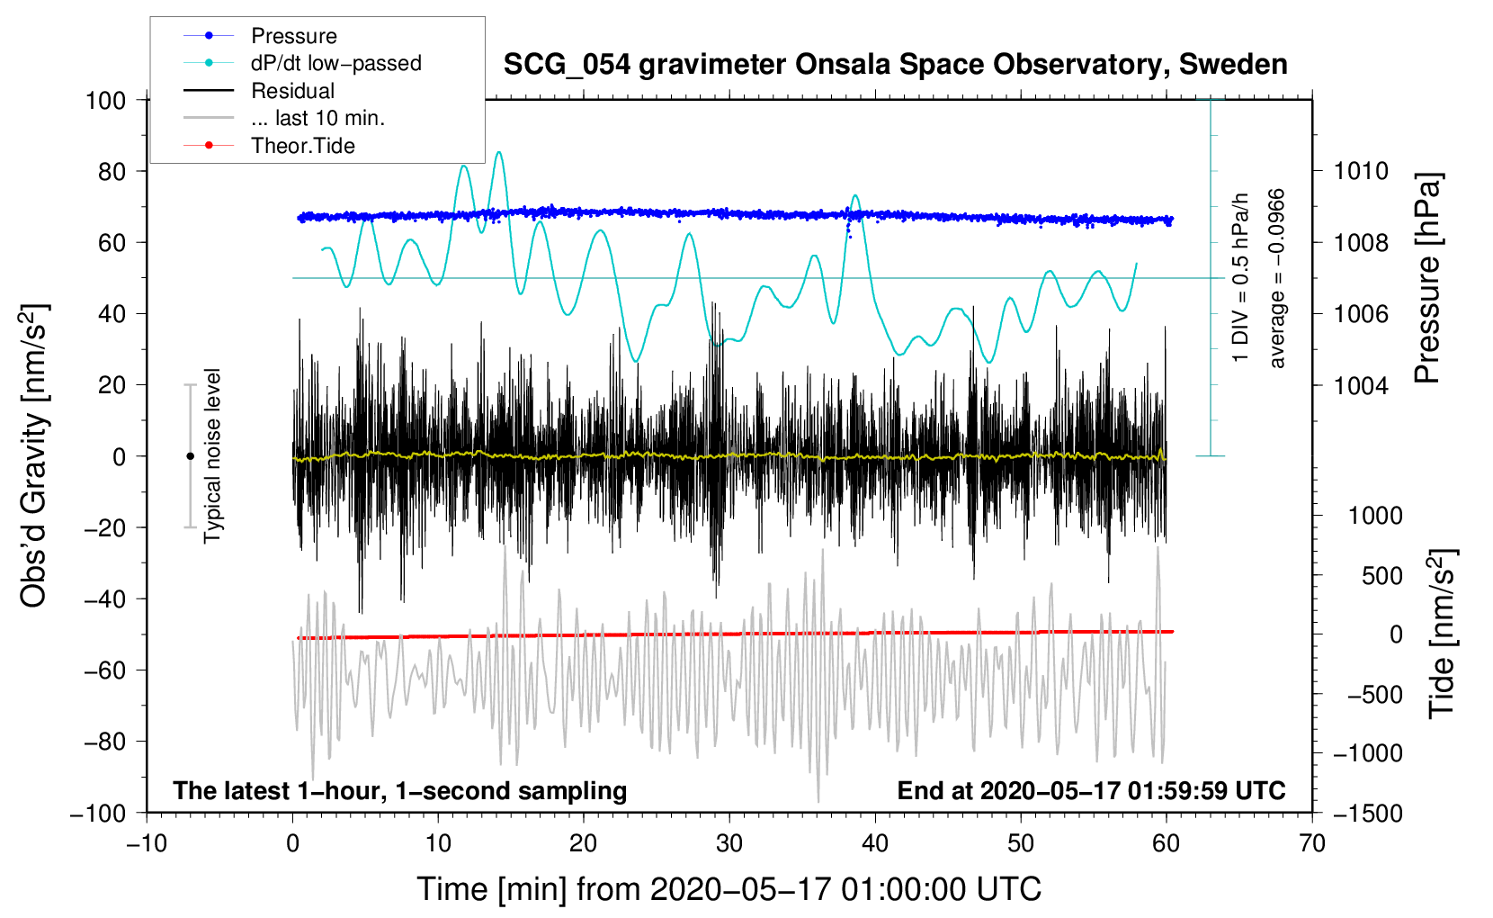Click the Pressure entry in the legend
click(293, 36)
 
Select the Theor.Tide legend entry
click(302, 146)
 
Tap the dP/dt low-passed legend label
click(335, 63)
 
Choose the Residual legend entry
click(292, 91)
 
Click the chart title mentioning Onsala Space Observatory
click(895, 65)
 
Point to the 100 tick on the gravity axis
click(105, 100)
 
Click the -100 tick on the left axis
click(98, 813)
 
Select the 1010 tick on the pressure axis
click(1361, 171)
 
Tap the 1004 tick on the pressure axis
click(1361, 385)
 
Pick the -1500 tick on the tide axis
click(1367, 813)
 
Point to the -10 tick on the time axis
click(147, 843)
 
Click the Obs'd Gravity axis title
click(34, 456)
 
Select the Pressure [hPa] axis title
click(1428, 278)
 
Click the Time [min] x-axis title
click(729, 889)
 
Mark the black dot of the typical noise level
click(190, 456)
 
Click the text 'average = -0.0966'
click(1277, 278)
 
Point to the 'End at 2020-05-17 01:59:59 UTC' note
click(1091, 790)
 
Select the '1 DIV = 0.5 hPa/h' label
click(1241, 278)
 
